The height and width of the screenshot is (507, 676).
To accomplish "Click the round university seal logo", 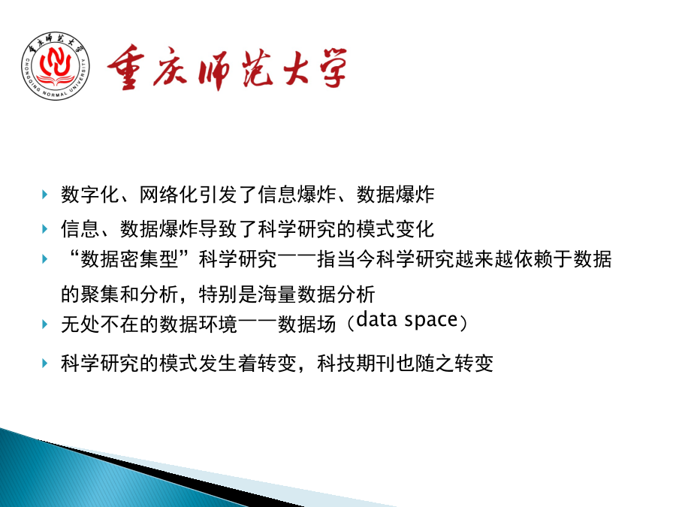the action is [x=56, y=66].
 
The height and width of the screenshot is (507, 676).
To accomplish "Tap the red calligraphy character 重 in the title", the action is [x=126, y=67].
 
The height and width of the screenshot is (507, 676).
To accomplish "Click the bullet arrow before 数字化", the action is [x=45, y=195].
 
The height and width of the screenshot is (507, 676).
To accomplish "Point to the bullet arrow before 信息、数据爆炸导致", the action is [x=45, y=228].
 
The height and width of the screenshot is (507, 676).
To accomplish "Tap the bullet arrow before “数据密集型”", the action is [x=45, y=259].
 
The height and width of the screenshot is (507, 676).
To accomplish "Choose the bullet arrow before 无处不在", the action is [x=45, y=324].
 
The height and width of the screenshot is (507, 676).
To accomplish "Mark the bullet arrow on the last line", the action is [x=45, y=363].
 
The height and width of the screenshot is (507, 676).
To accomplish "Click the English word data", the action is [x=376, y=319].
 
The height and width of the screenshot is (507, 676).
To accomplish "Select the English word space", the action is [x=430, y=320].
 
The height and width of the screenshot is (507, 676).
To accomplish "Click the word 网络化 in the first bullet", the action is [x=168, y=195].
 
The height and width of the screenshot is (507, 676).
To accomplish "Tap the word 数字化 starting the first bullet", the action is [x=90, y=195].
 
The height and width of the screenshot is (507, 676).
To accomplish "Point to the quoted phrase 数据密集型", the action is [x=130, y=259].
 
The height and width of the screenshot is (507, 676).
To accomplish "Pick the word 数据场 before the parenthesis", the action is [x=306, y=324].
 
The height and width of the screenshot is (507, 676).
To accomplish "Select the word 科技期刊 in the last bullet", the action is [x=356, y=363].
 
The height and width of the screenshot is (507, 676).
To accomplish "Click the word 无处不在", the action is [x=100, y=324].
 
